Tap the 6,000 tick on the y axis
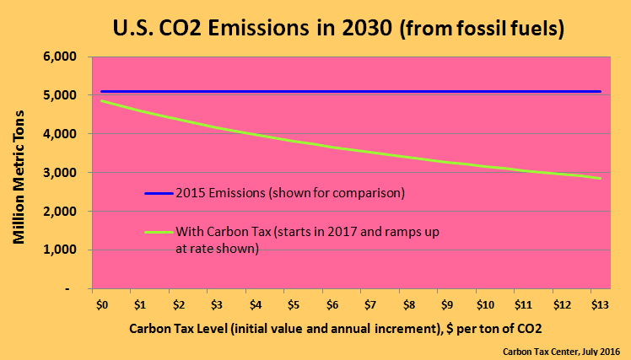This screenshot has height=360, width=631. pos(60,57)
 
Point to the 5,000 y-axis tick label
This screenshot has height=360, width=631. pos(60,95)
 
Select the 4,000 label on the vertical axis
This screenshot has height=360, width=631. pos(60,134)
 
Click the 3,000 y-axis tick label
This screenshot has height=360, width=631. pos(60,173)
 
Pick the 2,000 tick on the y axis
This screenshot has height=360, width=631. pos(60,211)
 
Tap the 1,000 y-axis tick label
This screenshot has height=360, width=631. pos(60,250)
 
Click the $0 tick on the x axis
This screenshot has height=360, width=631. pos(102,303)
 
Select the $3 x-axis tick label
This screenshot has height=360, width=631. pos(217,303)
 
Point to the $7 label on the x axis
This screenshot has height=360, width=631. pos(370,303)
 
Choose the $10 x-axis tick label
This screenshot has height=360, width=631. pos(485,303)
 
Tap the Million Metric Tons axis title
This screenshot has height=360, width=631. pos(19,173)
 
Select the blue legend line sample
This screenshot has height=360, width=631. pos(159,193)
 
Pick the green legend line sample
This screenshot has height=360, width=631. pos(159,231)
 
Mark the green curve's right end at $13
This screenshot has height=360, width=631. pos(600,178)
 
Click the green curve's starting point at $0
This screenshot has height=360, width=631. pos(102,101)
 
